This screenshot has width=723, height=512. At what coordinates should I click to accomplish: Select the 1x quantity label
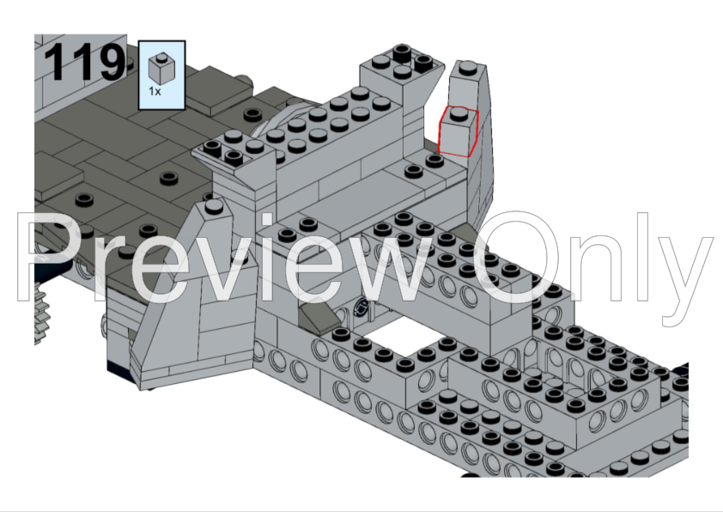coord(155,91)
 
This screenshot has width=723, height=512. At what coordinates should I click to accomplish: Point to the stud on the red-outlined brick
coord(459,113)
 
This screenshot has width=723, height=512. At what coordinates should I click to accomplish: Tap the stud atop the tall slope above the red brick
coord(465,68)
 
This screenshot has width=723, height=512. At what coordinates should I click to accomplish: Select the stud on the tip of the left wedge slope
coord(213,205)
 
